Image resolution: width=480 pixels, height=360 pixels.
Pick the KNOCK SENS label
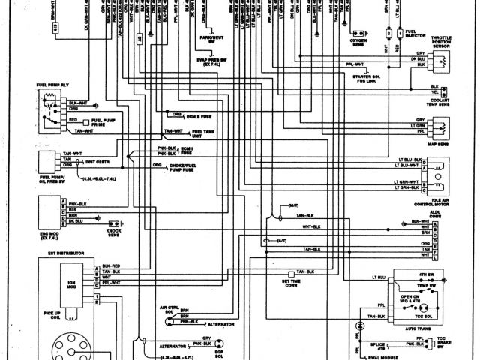(113, 226)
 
